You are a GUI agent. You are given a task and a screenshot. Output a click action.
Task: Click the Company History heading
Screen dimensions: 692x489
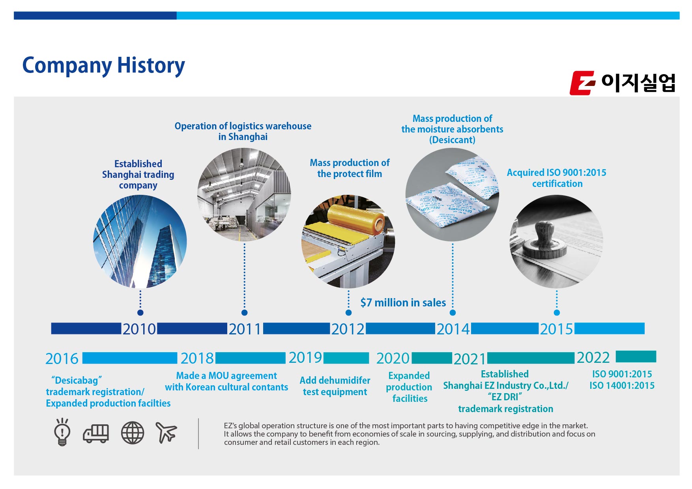click(103, 65)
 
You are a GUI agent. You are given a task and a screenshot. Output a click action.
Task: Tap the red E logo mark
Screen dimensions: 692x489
click(582, 83)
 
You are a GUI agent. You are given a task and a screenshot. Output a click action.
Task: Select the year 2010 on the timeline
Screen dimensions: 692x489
click(139, 329)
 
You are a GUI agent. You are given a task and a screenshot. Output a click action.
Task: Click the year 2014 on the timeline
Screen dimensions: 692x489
click(453, 329)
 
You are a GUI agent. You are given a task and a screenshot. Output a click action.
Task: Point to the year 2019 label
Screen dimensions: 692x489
click(305, 358)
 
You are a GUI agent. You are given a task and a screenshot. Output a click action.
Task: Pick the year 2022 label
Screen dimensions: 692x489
click(593, 358)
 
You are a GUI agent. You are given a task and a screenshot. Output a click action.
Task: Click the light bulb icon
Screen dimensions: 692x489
click(62, 432)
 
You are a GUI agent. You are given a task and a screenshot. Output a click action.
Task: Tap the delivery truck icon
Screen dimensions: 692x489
click(96, 433)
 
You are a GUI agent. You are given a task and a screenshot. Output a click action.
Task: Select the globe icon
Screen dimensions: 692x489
click(132, 433)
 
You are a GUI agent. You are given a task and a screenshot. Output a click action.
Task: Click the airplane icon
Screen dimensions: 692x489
click(166, 432)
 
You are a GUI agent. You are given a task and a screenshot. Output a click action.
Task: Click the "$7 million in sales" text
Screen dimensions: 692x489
click(403, 303)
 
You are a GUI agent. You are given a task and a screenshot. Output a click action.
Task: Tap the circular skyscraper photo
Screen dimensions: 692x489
click(140, 241)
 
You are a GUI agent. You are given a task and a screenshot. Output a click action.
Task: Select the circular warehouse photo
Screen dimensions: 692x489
click(244, 194)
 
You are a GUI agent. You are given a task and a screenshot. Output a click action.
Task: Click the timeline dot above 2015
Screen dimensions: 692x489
click(557, 313)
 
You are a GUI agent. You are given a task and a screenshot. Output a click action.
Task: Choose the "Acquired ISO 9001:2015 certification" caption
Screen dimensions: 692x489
click(557, 178)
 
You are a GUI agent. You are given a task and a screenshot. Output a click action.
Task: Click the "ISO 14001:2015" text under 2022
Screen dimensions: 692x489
click(622, 386)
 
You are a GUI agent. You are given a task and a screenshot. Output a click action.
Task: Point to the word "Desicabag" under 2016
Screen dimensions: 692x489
click(77, 381)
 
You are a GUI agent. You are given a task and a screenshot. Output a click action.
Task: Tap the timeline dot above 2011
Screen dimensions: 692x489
click(244, 313)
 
